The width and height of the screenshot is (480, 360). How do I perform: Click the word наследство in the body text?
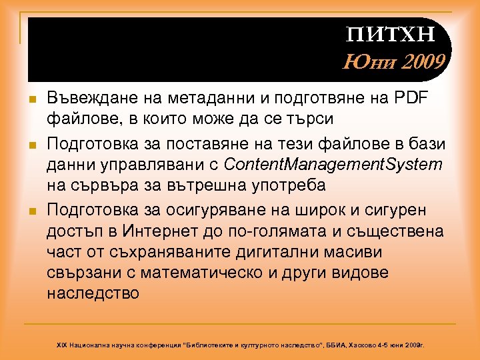click(93, 293)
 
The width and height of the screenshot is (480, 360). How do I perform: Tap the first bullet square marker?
click(32, 99)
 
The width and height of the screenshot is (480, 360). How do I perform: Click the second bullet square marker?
click(32, 143)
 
